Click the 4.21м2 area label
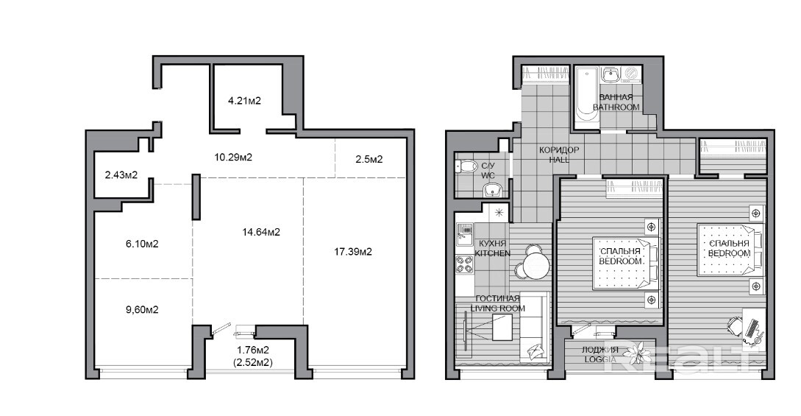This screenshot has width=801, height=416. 244,101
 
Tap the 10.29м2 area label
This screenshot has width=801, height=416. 233,157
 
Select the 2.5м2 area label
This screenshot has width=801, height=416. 369,159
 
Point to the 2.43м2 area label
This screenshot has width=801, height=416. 121,174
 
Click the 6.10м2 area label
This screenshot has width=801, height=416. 142,244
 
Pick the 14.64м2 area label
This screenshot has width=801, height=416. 261,232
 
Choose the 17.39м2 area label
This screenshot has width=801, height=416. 353,251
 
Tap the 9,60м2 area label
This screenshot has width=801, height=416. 142,310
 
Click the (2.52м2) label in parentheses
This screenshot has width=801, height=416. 253,362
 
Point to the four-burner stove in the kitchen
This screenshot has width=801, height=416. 464,264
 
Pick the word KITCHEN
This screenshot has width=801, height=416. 493,253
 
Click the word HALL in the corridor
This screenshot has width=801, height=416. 559,160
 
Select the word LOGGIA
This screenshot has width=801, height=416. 600,359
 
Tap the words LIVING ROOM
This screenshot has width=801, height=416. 497,309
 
